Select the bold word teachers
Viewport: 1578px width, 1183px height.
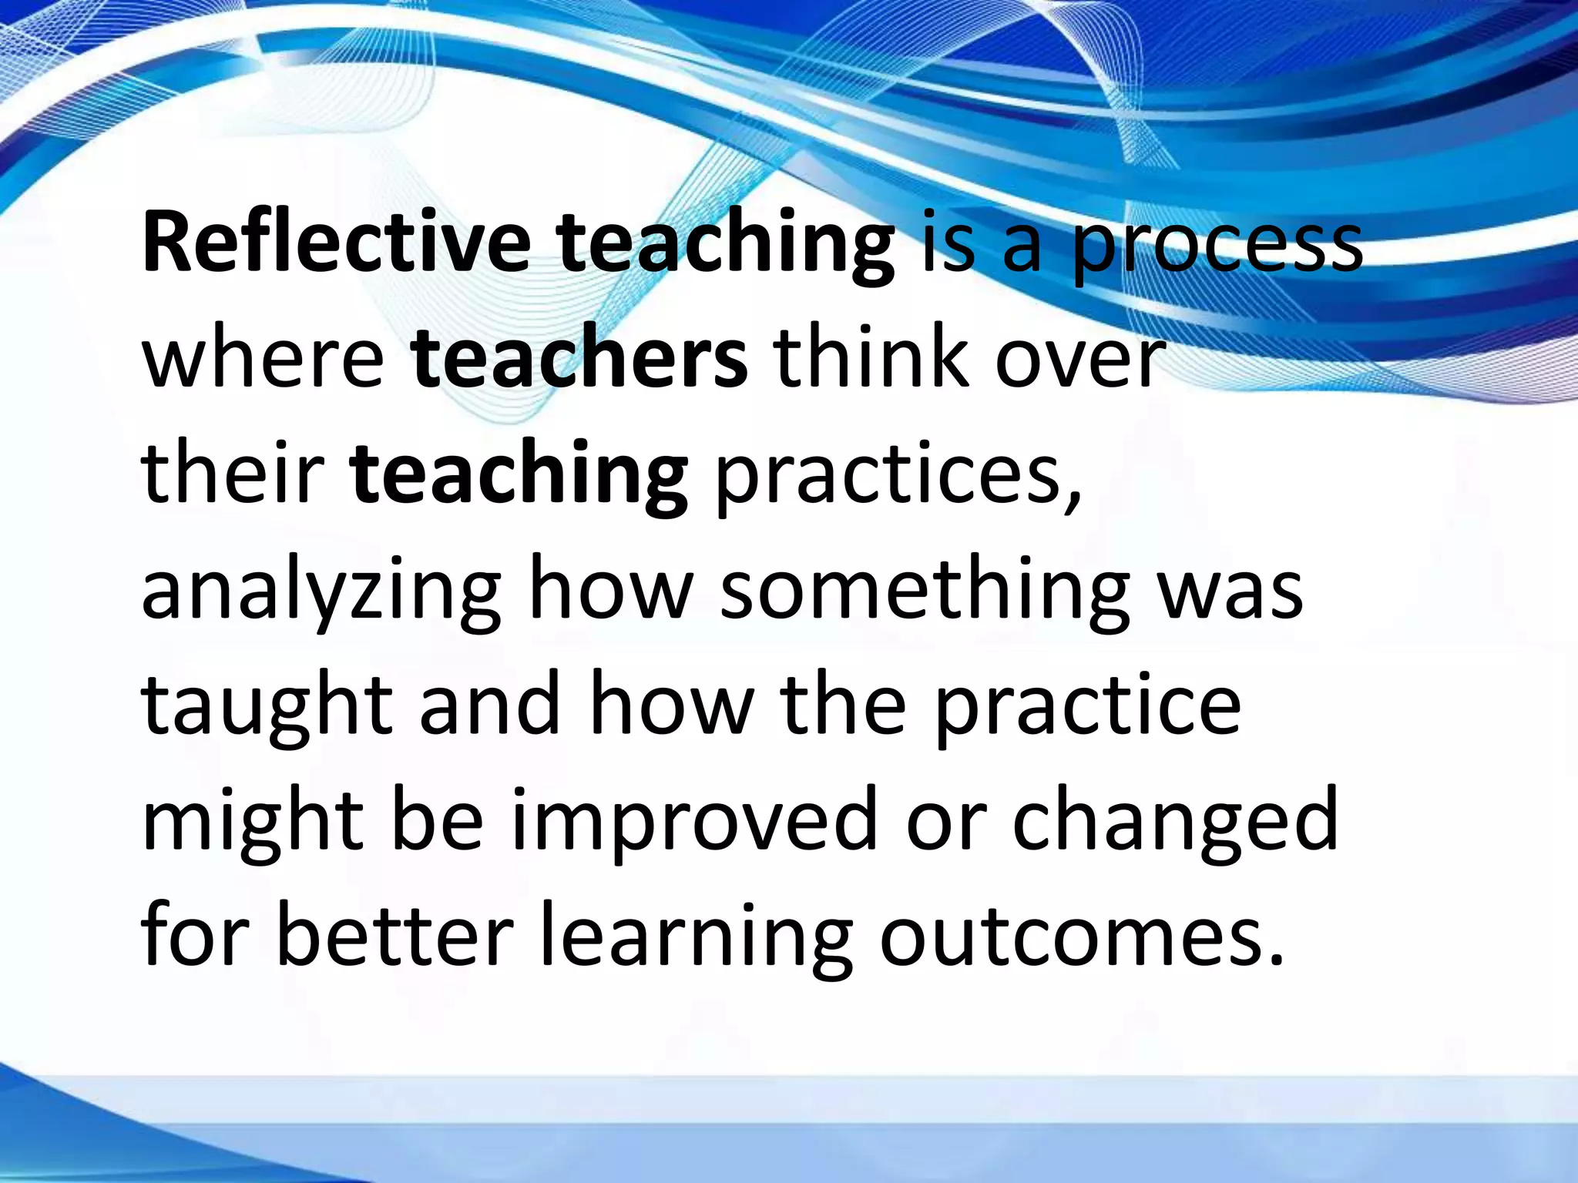[579, 359]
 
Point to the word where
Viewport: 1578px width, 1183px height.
[263, 359]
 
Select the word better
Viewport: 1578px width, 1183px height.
[394, 937]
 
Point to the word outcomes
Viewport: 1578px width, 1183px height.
[1071, 937]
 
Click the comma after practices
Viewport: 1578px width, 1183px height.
[1073, 498]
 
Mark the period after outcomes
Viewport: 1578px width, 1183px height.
[1275, 960]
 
